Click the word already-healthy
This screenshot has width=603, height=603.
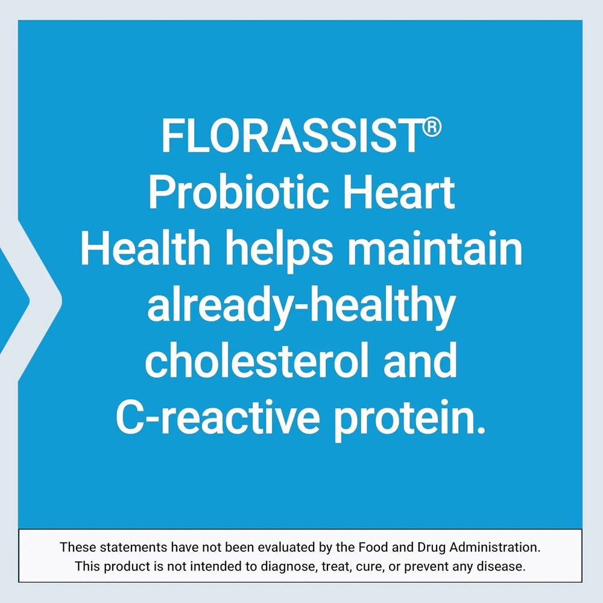(300, 309)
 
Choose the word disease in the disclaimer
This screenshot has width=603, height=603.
(505, 567)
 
